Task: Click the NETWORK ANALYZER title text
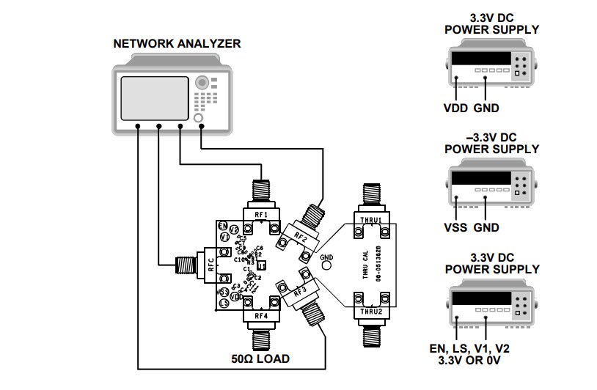[177, 44]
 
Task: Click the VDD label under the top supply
[457, 108]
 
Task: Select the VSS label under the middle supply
[457, 227]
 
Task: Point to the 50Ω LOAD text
[260, 359]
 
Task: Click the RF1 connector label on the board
[261, 214]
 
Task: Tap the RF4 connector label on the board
[261, 317]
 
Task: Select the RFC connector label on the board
[210, 263]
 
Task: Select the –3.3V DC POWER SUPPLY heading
[491, 143]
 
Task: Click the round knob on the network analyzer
[198, 118]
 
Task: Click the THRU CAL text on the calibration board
[365, 265]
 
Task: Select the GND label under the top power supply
[486, 108]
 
